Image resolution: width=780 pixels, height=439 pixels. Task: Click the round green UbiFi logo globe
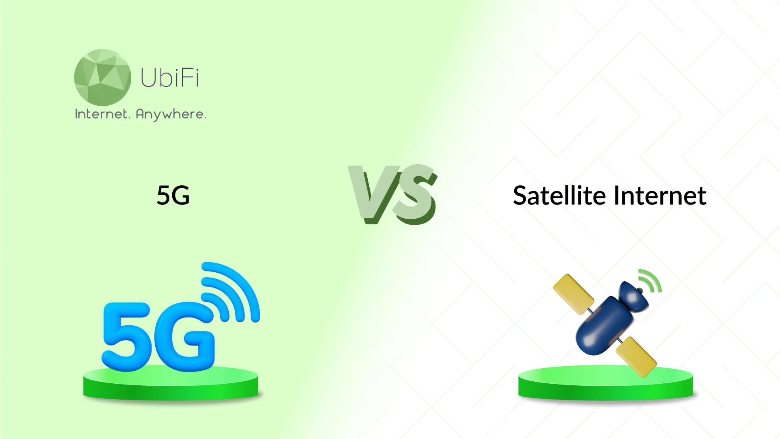102,77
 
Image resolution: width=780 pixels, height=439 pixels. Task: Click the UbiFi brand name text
170,78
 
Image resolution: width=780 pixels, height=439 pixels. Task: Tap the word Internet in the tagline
102,114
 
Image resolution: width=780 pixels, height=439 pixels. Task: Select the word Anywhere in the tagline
171,115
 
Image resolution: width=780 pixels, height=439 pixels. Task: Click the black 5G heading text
173,195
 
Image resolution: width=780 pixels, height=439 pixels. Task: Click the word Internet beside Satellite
660,196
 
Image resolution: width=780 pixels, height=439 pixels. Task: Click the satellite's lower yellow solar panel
636,356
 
